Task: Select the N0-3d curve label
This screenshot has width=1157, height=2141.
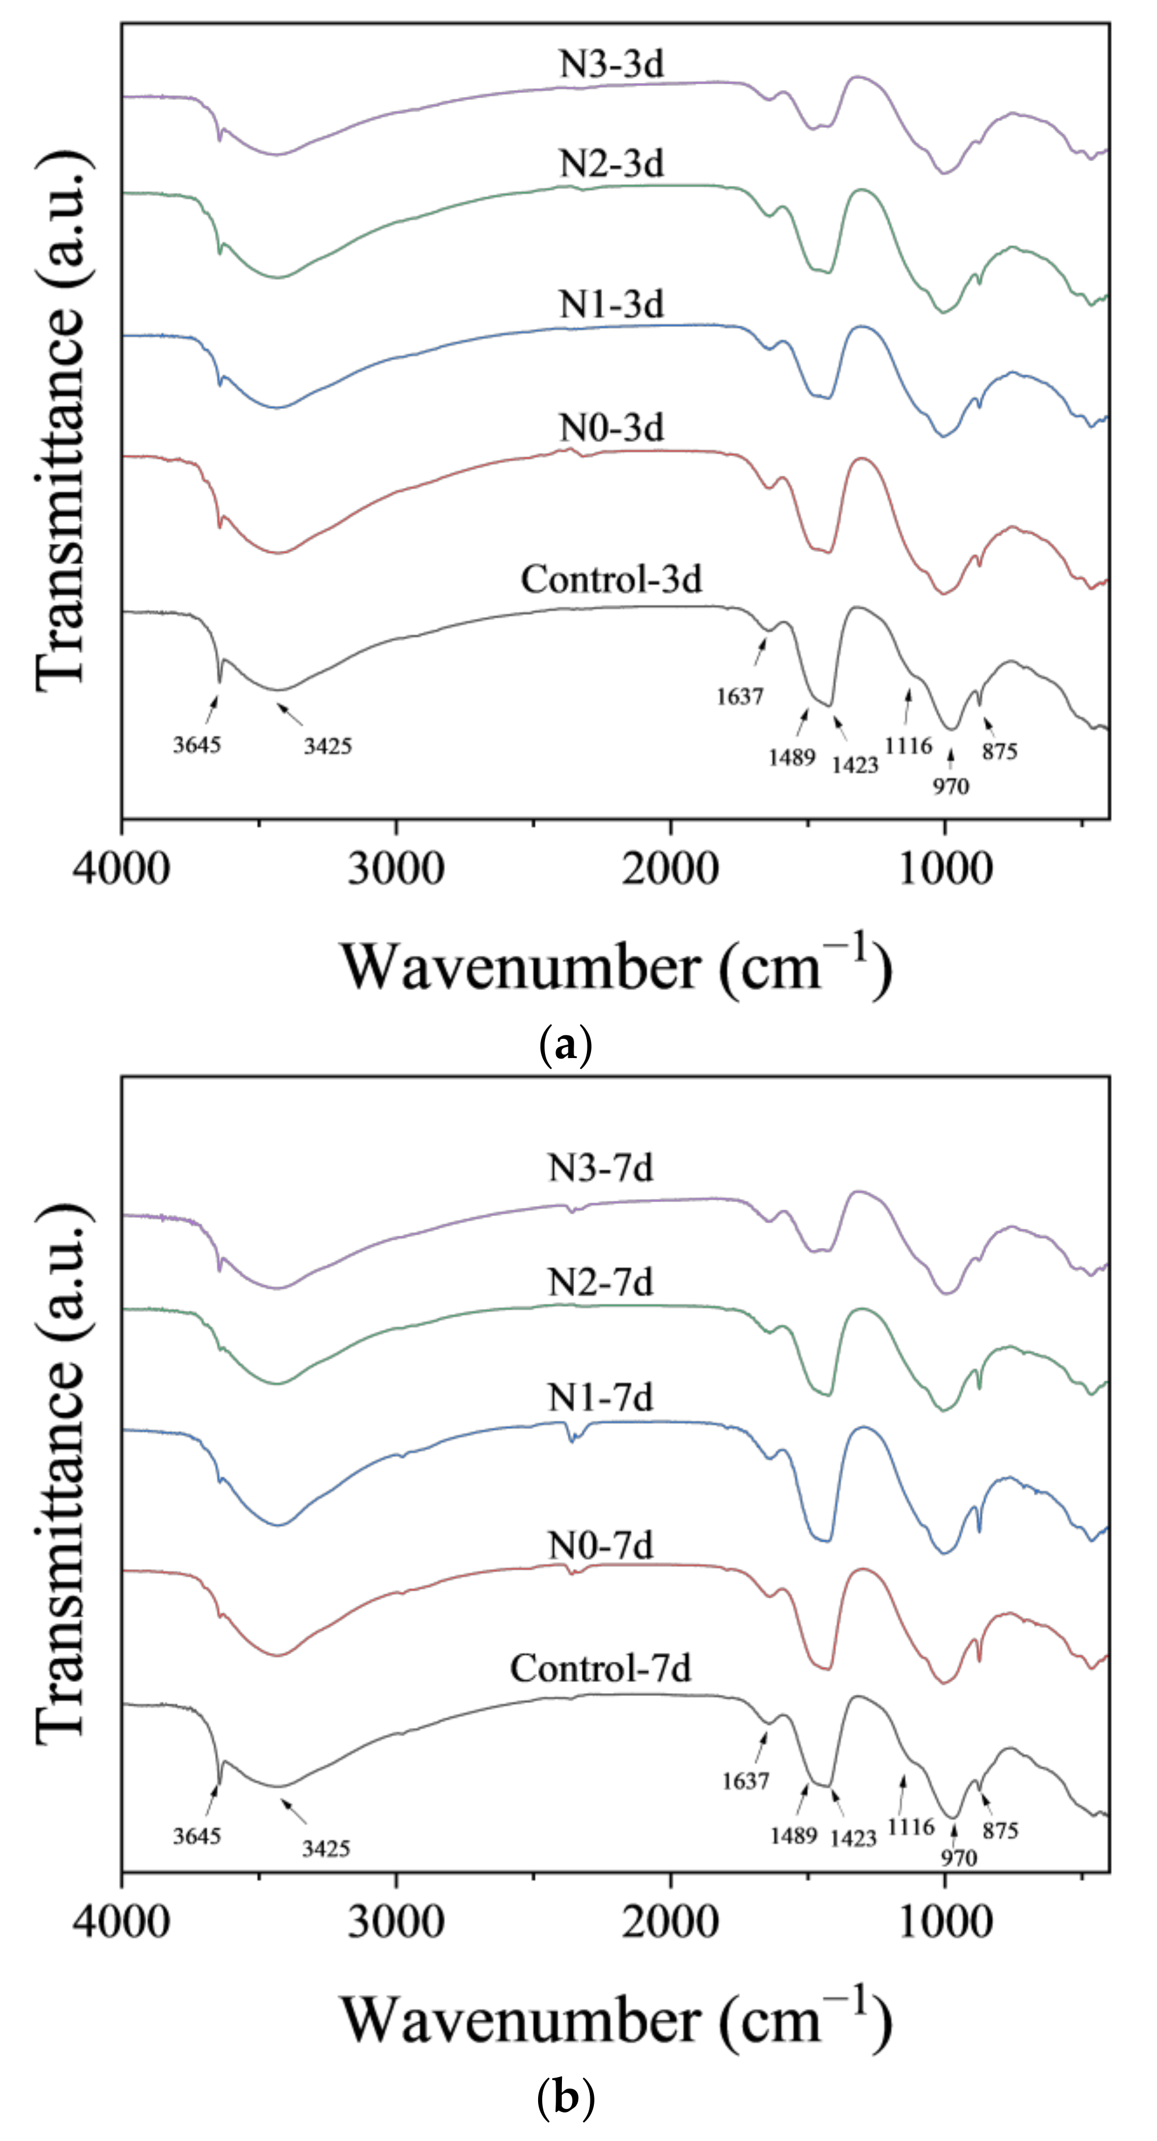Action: tap(612, 428)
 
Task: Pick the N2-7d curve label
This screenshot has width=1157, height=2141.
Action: tap(600, 1282)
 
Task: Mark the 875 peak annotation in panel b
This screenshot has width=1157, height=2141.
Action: tap(1000, 1831)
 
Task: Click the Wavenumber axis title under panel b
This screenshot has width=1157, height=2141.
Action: tap(616, 2021)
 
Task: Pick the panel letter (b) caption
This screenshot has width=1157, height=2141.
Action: tap(565, 2097)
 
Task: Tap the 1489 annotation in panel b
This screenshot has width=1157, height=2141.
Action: tap(793, 1835)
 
